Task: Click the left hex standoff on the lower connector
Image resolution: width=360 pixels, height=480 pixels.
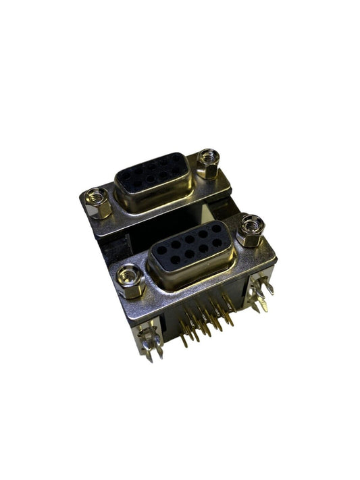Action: pos(129,281)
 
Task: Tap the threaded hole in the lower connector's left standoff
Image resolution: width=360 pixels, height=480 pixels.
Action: pos(128,274)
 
